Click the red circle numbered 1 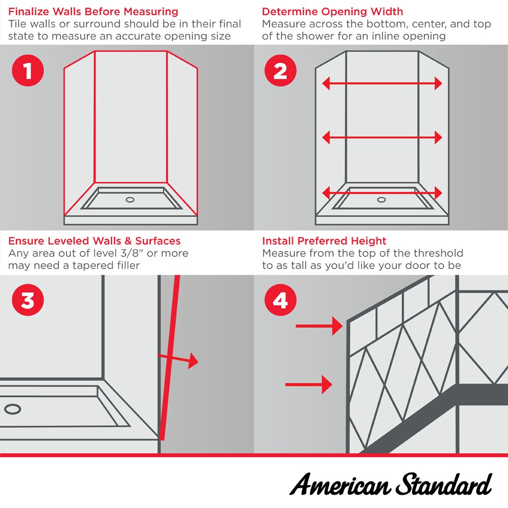(27, 71)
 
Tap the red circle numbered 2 (280, 71)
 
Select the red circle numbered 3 (27, 300)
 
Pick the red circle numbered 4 (280, 300)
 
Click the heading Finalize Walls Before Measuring (93, 11)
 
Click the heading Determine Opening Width (333, 11)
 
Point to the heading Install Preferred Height (324, 241)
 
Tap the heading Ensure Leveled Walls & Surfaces (94, 241)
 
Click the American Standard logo (390, 484)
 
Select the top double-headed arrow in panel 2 (382, 83)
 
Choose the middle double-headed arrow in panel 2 (382, 137)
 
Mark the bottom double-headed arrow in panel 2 (382, 193)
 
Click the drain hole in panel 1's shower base (130, 200)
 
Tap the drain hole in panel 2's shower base (382, 200)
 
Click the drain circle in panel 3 (12, 408)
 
